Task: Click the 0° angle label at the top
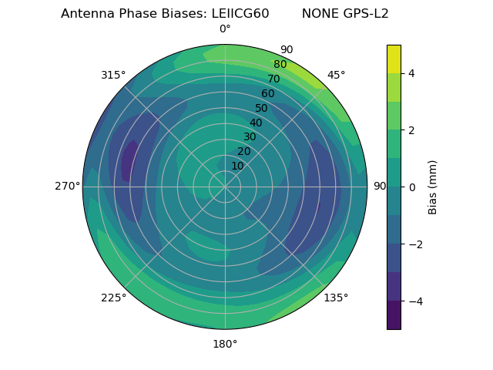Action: click(x=225, y=29)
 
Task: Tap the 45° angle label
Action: click(x=336, y=75)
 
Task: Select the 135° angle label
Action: click(x=336, y=298)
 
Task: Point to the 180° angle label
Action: click(x=225, y=344)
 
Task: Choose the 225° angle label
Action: click(x=113, y=298)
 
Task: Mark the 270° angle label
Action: click(x=67, y=187)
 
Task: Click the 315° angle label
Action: click(x=113, y=75)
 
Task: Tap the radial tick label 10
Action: click(x=237, y=166)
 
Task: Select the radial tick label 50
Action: click(x=261, y=108)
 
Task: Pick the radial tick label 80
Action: click(x=280, y=65)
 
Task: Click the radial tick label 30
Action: click(x=250, y=137)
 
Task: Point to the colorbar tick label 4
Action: click(x=412, y=73)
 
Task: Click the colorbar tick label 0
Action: click(x=412, y=187)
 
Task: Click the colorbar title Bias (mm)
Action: click(x=433, y=187)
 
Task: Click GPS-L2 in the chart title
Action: click(x=363, y=14)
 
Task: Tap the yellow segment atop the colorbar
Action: click(x=394, y=59)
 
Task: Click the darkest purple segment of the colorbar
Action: click(x=394, y=314)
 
